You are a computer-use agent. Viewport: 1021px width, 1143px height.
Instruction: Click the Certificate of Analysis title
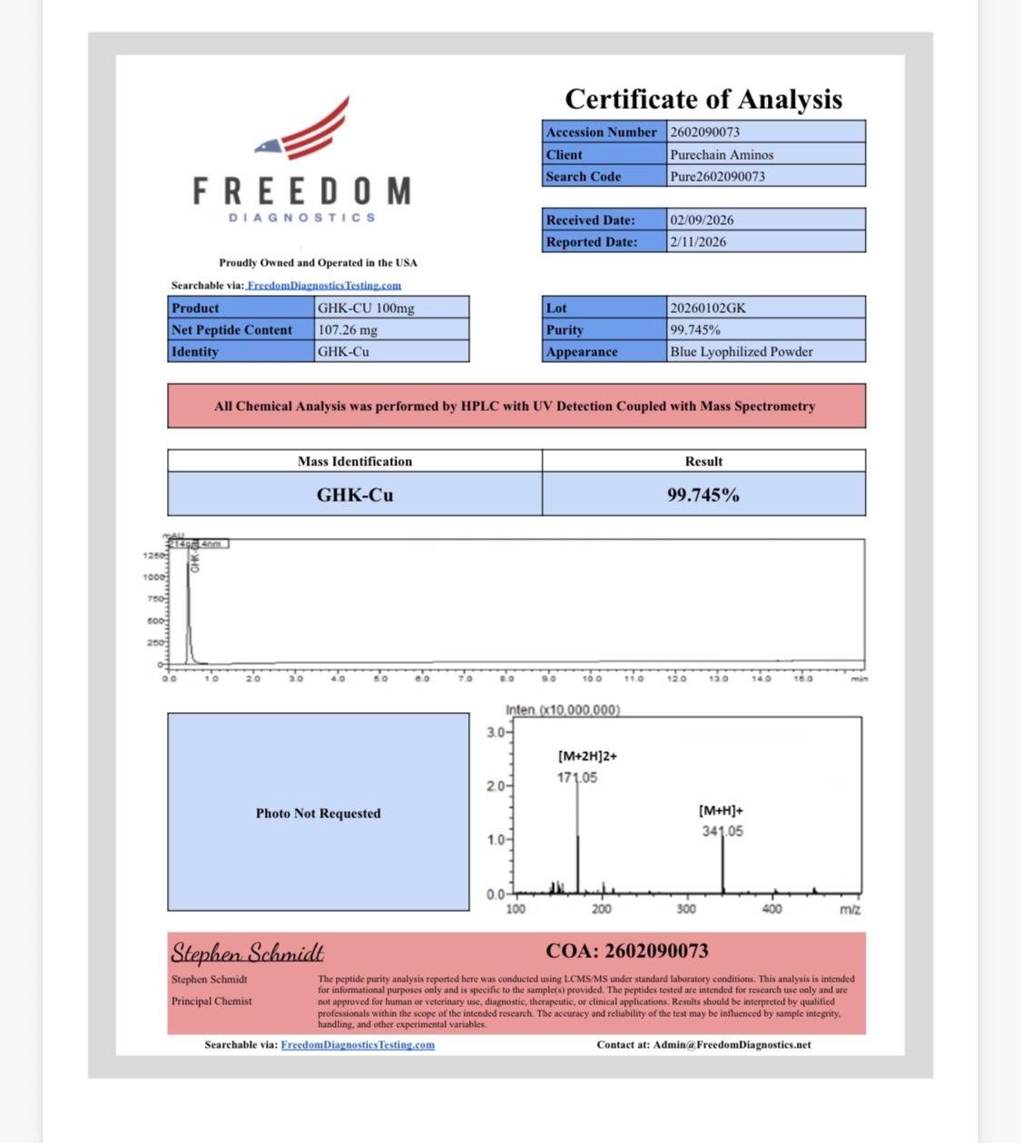point(703,99)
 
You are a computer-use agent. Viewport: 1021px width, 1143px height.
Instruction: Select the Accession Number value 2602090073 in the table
point(705,132)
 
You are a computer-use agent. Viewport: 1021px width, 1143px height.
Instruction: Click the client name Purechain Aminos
point(722,154)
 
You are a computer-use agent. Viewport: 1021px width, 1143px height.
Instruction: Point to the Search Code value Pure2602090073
point(717,176)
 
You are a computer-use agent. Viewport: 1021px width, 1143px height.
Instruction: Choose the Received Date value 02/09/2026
point(702,220)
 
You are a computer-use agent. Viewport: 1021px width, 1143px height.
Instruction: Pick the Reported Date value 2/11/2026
point(698,241)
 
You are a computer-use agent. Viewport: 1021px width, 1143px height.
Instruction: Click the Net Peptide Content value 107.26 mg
point(348,329)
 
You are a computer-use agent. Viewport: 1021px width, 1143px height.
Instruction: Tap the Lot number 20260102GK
point(708,308)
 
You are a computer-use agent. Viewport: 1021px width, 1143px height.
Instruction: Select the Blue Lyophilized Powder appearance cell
point(741,351)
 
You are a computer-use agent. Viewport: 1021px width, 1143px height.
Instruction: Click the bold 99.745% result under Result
point(703,494)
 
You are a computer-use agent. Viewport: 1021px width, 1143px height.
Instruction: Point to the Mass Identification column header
point(355,461)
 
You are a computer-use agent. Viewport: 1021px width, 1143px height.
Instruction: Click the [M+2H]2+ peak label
point(587,756)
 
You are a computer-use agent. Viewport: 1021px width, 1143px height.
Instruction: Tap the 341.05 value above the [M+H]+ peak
point(722,831)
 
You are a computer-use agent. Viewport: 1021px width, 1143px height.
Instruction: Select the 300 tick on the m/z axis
point(686,909)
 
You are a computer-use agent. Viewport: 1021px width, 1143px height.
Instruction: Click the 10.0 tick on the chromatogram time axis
point(591,678)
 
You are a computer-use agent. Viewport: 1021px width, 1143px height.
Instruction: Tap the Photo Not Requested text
point(318,813)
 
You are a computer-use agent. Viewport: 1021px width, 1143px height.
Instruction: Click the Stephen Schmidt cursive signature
point(247,952)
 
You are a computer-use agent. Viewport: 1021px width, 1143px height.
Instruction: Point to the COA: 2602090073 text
point(627,951)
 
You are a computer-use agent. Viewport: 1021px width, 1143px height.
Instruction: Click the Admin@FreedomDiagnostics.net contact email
point(731,1044)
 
